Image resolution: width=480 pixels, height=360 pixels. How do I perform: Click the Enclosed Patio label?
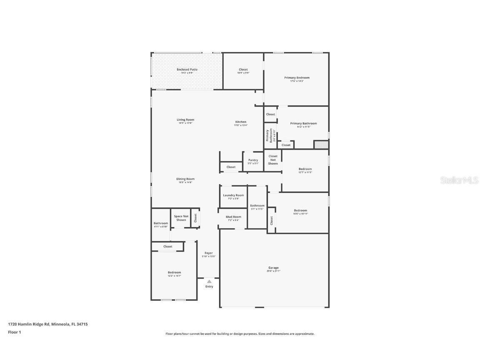(x=187, y=70)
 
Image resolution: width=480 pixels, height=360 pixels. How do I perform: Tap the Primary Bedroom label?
(x=297, y=78)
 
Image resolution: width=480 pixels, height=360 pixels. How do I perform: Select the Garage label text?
(x=273, y=268)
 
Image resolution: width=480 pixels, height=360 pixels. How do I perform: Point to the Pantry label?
(x=253, y=160)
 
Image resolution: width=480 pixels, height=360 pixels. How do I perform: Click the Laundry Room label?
(x=233, y=195)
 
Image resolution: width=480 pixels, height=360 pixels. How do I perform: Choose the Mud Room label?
(x=233, y=217)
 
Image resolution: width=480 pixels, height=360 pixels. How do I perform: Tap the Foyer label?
(x=209, y=253)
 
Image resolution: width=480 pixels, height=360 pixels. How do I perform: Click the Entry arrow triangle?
(x=209, y=282)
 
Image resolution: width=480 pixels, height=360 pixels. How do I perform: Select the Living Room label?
(x=185, y=120)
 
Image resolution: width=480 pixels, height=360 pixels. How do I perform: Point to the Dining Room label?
(x=185, y=179)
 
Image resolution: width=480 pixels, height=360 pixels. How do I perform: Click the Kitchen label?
(x=240, y=122)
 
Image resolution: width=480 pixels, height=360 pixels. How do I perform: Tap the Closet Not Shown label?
(x=273, y=160)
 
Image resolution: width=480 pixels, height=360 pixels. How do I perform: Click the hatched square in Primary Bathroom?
(x=321, y=145)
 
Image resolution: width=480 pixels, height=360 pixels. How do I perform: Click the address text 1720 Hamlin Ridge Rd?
(x=29, y=324)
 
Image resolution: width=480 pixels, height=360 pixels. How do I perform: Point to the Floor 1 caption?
(x=14, y=332)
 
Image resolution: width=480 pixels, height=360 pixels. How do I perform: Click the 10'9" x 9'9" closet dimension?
(x=243, y=73)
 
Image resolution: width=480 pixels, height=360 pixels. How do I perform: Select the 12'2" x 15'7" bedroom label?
(x=174, y=276)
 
